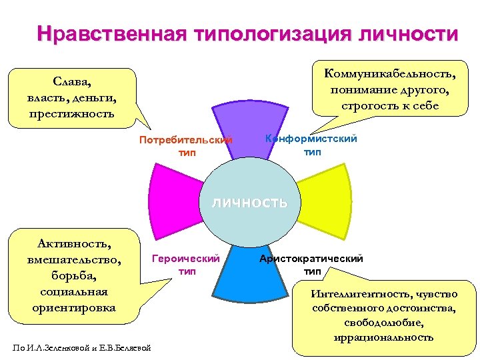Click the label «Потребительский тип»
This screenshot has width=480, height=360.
tap(186, 146)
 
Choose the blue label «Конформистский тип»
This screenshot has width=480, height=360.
tap(311, 145)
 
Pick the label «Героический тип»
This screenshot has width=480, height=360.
tap(186, 264)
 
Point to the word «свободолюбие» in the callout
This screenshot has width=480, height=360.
tap(385, 323)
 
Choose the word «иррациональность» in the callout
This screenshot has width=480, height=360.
tap(385, 337)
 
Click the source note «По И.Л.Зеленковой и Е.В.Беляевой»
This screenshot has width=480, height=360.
tap(81, 347)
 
